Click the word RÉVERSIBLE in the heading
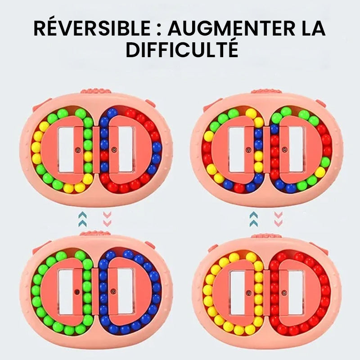[92, 29]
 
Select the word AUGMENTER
[232, 29]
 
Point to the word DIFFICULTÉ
[182, 49]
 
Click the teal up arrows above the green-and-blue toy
[82, 219]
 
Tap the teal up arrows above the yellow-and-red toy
[253, 219]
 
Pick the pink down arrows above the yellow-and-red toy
[278, 219]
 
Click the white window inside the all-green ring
[66, 292]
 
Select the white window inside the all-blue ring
[126, 292]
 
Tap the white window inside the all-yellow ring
[238, 293]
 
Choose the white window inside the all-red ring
[296, 293]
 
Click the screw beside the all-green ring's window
[76, 292]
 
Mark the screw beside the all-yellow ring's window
[248, 293]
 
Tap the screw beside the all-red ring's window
[284, 293]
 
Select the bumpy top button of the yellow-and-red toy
[266, 236]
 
